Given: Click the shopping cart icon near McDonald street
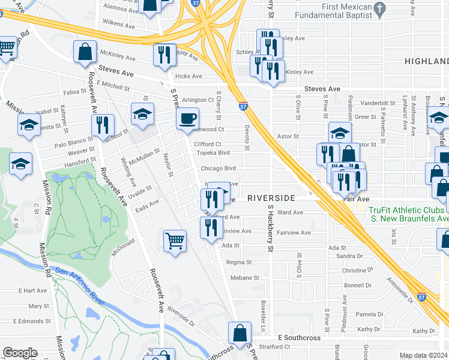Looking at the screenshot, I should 175,241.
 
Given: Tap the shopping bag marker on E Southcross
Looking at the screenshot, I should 240,332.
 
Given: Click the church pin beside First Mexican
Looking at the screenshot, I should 379,8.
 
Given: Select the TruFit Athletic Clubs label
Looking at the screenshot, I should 408,210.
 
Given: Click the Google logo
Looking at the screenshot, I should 20,352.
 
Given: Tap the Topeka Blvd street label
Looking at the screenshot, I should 215,152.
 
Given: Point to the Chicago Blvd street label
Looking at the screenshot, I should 218,169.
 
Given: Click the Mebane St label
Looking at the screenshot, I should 245,278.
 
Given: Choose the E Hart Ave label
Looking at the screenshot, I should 32,290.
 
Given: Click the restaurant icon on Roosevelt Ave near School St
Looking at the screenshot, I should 103,124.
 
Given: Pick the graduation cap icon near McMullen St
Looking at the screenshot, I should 142,113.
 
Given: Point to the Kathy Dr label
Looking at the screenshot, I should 423,331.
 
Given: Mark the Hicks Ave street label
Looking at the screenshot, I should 188,76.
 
